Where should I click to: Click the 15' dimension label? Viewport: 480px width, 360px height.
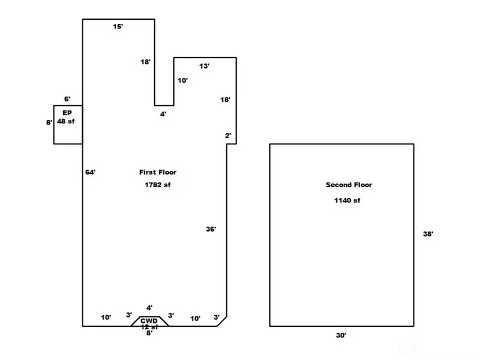coord(118,27)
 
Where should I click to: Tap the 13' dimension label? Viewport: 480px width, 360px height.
coord(204,66)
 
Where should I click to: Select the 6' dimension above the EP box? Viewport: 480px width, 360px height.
coord(67,99)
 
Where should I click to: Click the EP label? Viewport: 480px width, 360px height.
coord(67,113)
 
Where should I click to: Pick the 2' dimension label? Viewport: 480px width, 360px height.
coord(228,136)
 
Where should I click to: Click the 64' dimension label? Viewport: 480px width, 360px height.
coord(90,172)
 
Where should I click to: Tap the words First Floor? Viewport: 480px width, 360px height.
coord(158,172)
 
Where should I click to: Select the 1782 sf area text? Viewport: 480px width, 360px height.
coord(158,185)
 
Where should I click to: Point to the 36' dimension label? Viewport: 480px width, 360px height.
coord(211,229)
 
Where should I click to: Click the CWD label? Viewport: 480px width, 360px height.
coord(149,321)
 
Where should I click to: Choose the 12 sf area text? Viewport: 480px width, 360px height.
coord(149,327)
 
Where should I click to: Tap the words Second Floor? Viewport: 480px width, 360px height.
coord(349,185)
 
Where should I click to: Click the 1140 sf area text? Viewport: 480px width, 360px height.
coord(347,201)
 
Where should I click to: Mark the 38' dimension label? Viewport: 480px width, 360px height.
coord(428,234)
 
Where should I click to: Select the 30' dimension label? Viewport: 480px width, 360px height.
coord(341,335)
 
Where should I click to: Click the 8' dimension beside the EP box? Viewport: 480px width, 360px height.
coord(49,123)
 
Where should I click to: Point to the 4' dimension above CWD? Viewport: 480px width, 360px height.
coord(150,308)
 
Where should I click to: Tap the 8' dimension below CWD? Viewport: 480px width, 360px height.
coord(149,333)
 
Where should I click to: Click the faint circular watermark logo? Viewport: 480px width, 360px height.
coord(407,347)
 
